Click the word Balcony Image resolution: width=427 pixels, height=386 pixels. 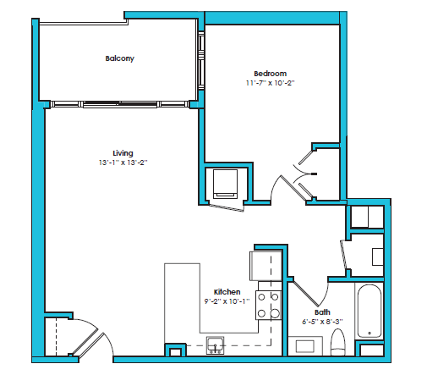tap(120, 58)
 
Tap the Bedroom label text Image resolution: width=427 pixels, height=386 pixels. tap(270, 73)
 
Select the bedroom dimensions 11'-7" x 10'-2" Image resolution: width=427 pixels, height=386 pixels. tap(270, 84)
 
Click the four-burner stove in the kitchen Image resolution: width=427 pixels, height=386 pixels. tap(269, 306)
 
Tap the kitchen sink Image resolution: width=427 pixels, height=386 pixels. tap(215, 344)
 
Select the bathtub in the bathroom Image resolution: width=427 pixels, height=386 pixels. tap(370, 313)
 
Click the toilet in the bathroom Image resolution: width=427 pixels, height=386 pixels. tap(338, 343)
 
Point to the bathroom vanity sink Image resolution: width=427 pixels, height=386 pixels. tap(304, 346)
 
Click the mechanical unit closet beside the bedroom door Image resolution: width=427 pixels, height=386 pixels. tap(225, 184)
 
